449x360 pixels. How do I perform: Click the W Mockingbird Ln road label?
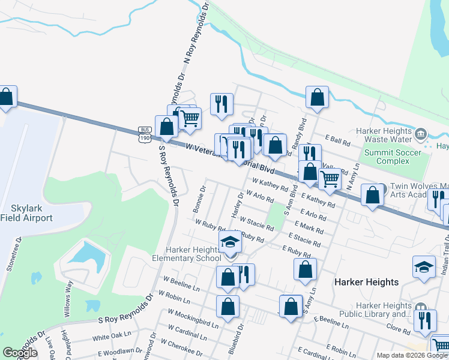pos(193,318)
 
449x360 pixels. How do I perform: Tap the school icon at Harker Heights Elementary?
pos(229,242)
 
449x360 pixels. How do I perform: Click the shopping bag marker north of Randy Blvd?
pos(317,97)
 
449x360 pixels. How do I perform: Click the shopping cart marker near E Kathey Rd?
pos(330,179)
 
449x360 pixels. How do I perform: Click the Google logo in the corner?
pos(20,353)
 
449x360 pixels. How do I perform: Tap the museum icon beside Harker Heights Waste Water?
pos(421,133)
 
